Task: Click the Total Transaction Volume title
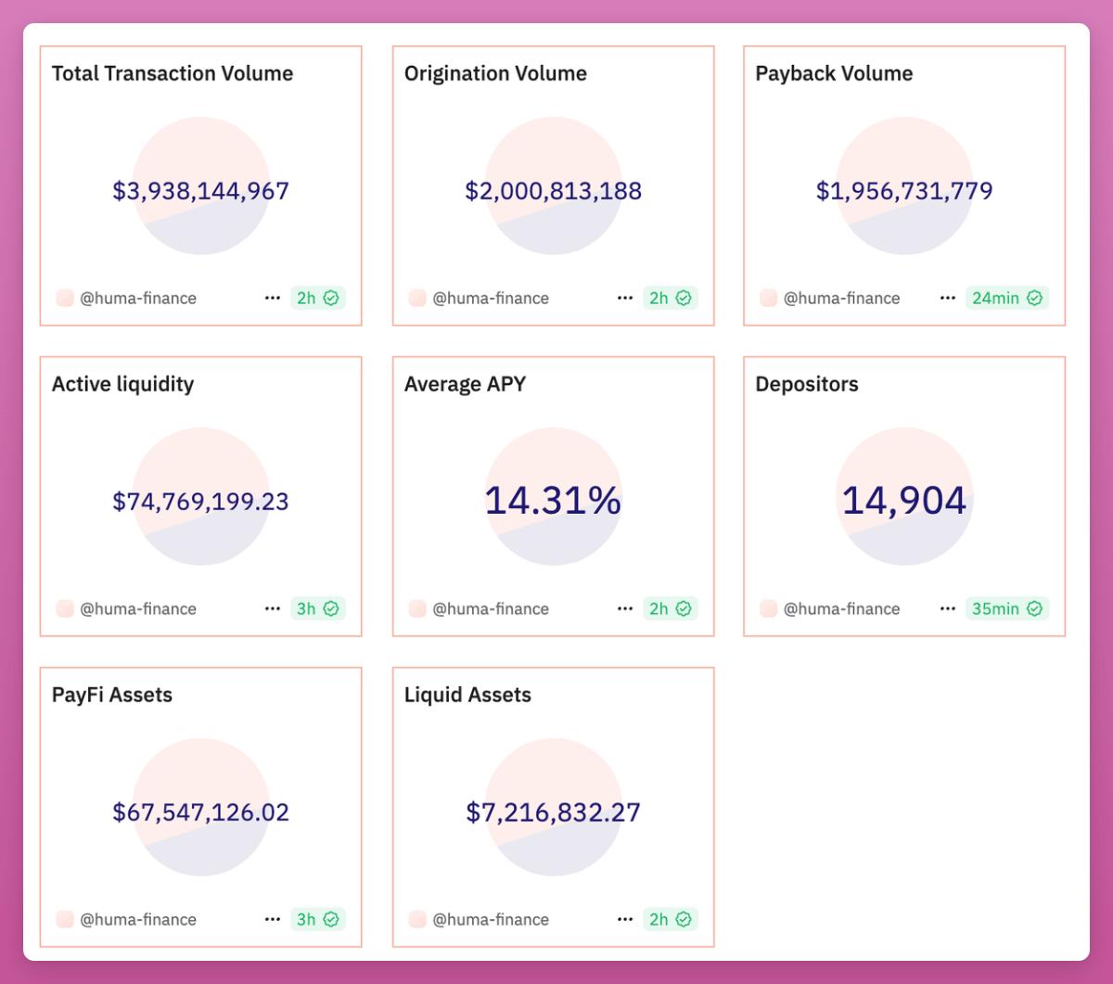click(x=173, y=73)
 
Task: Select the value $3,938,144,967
click(x=200, y=191)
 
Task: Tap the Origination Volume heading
click(x=495, y=73)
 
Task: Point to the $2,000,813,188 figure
click(x=553, y=191)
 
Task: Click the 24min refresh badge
click(x=1006, y=298)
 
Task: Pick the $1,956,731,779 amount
click(x=904, y=191)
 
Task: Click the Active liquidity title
click(x=122, y=384)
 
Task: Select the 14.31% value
click(x=553, y=501)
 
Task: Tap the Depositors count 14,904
click(x=904, y=501)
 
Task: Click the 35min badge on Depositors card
click(x=1006, y=608)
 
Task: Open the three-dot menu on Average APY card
click(x=624, y=608)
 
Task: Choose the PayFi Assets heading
click(x=112, y=695)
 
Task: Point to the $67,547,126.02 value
click(x=200, y=812)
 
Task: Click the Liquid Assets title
click(x=467, y=695)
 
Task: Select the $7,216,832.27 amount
click(x=553, y=812)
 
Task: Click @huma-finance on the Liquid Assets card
click(x=491, y=919)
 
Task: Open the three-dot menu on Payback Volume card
click(x=947, y=298)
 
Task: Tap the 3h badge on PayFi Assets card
click(x=317, y=919)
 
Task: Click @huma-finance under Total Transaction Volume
click(x=138, y=298)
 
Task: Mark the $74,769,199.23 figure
click(x=200, y=502)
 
